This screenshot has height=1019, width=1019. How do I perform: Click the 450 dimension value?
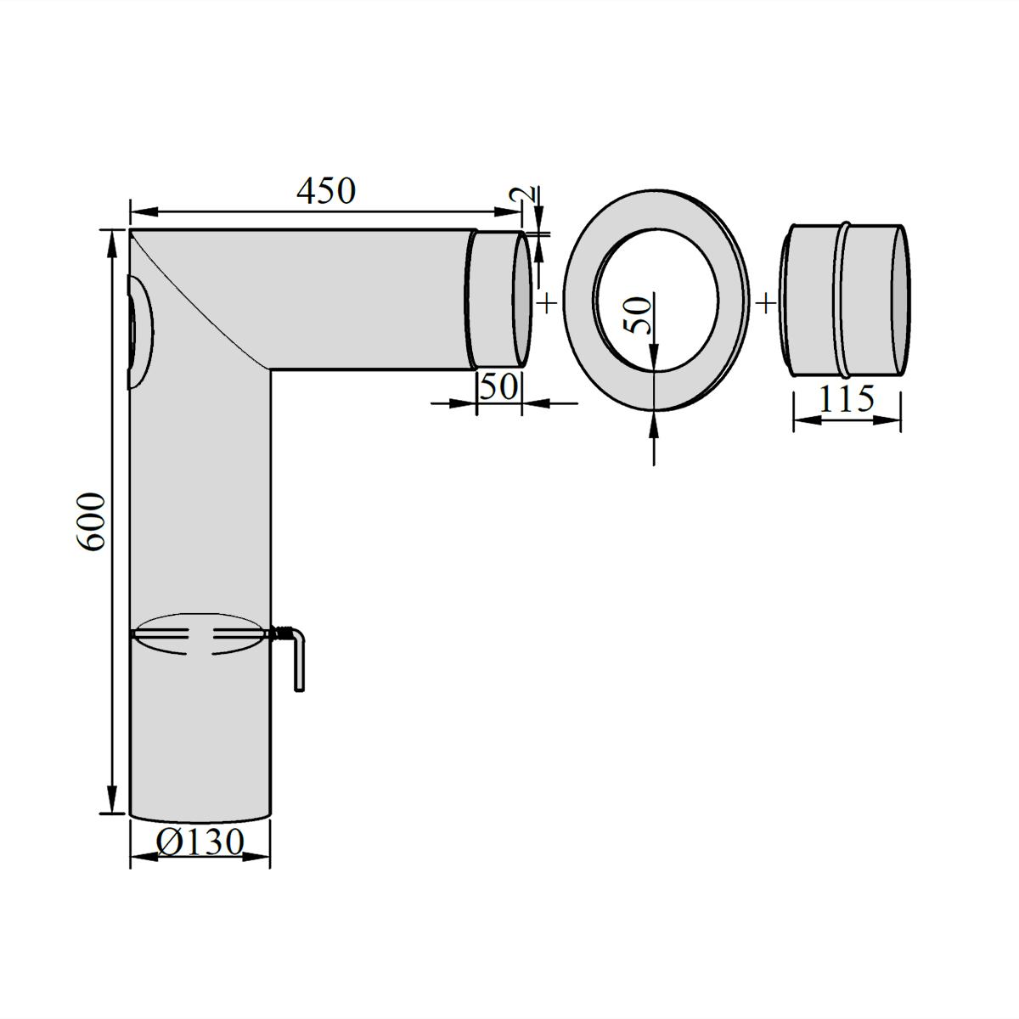coord(326,191)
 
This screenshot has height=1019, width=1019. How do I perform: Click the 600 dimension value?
coord(91,522)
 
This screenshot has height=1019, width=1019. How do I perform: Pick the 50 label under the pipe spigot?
coord(498,386)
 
